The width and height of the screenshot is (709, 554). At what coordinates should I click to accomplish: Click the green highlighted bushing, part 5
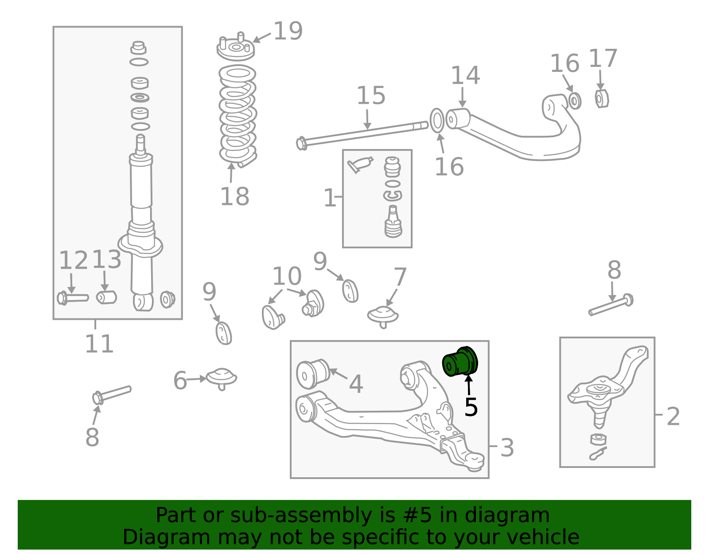[x=460, y=362]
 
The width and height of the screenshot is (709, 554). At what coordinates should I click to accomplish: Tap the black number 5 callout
[x=471, y=407]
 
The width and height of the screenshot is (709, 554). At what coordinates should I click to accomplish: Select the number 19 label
[x=288, y=31]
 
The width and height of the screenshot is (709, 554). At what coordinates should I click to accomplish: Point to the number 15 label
[x=371, y=96]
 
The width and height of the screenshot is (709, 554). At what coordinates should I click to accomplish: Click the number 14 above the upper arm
[x=465, y=76]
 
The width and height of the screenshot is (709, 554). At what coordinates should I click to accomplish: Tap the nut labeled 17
[x=601, y=98]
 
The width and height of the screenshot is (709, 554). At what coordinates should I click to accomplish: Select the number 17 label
[x=603, y=59]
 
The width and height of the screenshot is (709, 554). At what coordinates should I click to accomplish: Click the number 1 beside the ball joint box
[x=330, y=198]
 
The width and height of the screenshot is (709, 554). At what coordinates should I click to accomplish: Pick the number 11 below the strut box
[x=99, y=344]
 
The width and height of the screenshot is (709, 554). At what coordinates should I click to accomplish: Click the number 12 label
[x=74, y=260]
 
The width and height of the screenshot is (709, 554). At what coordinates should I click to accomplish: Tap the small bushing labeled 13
[x=106, y=297]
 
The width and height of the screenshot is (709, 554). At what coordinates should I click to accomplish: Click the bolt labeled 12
[x=73, y=298]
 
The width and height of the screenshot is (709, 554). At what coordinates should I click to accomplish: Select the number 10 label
[x=287, y=277]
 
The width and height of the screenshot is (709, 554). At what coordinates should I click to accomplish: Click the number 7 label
[x=400, y=278]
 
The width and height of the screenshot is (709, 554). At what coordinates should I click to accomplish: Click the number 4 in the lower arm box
[x=356, y=384]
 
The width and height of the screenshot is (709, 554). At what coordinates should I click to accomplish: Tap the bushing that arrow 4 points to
[x=312, y=373]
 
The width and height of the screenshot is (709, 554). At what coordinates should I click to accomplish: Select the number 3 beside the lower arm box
[x=507, y=448]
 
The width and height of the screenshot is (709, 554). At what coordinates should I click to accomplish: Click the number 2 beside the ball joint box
[x=673, y=416]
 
